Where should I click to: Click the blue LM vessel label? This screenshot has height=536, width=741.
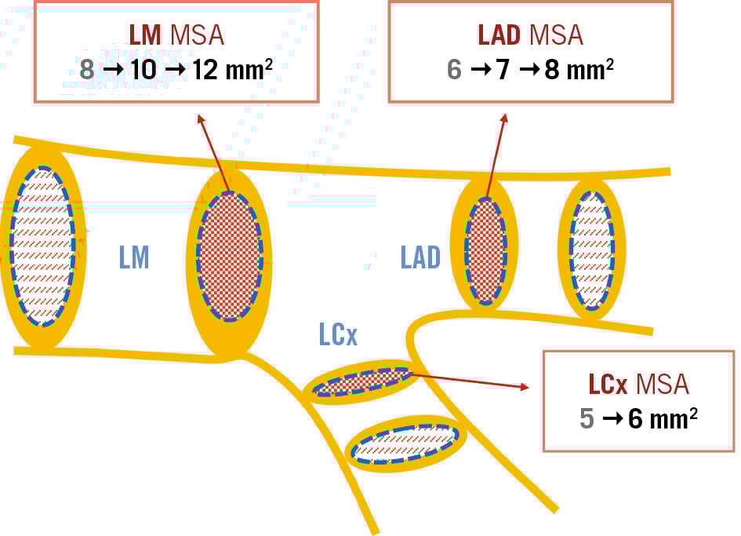134,257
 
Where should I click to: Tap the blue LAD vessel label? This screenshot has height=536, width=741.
420,257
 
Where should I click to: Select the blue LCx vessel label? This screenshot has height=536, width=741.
338,334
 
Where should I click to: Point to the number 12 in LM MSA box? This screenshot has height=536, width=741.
207,69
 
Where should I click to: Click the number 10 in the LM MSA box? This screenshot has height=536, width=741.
143,69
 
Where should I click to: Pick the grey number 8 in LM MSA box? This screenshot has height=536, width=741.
87,69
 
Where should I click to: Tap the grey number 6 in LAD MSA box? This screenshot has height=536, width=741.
454,69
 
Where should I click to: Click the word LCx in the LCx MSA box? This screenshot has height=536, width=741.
608,384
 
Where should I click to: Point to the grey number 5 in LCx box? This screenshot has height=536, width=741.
587,418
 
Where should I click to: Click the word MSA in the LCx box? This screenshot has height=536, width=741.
663,384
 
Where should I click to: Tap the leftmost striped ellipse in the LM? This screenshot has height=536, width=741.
43,246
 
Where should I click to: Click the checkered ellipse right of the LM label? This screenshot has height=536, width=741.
229,256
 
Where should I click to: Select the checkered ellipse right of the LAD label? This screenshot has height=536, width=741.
485,251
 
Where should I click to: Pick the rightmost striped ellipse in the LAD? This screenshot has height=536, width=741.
591,250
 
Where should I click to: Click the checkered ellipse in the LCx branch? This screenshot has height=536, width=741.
362,382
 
